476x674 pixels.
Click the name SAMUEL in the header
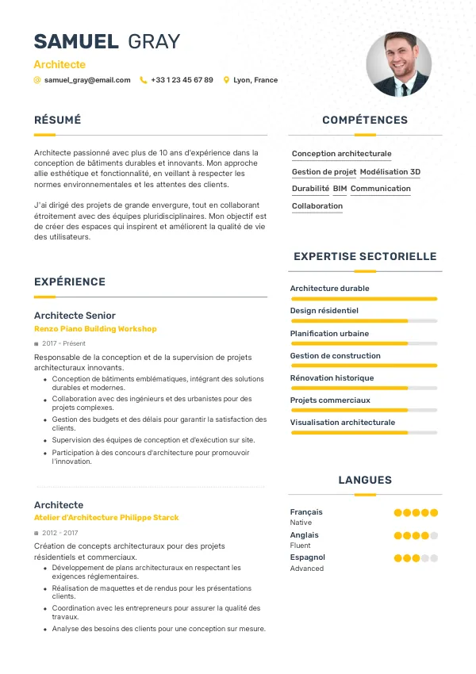[x=76, y=41]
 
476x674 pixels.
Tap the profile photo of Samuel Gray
[x=398, y=64]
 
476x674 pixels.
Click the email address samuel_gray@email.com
[x=87, y=80]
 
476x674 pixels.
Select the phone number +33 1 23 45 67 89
[x=182, y=80]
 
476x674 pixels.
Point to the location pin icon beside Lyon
[x=226, y=80]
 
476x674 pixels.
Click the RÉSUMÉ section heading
[x=57, y=121]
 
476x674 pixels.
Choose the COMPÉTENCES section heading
[x=364, y=121]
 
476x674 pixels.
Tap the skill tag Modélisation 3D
[x=390, y=171]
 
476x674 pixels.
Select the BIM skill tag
[x=340, y=189]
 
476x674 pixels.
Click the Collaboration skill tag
[x=317, y=206]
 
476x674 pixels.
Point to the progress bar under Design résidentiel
[x=364, y=321]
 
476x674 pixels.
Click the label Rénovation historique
[x=332, y=378]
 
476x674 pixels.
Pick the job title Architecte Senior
[x=75, y=316]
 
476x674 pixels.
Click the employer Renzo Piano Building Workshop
[x=95, y=329]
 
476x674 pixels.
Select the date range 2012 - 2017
[x=59, y=533]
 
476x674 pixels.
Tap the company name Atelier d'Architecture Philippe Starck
[x=106, y=518]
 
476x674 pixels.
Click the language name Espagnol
[x=308, y=557]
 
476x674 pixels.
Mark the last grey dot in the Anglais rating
[x=434, y=535]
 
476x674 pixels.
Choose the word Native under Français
[x=301, y=523]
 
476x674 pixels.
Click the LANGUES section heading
[x=365, y=480]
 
